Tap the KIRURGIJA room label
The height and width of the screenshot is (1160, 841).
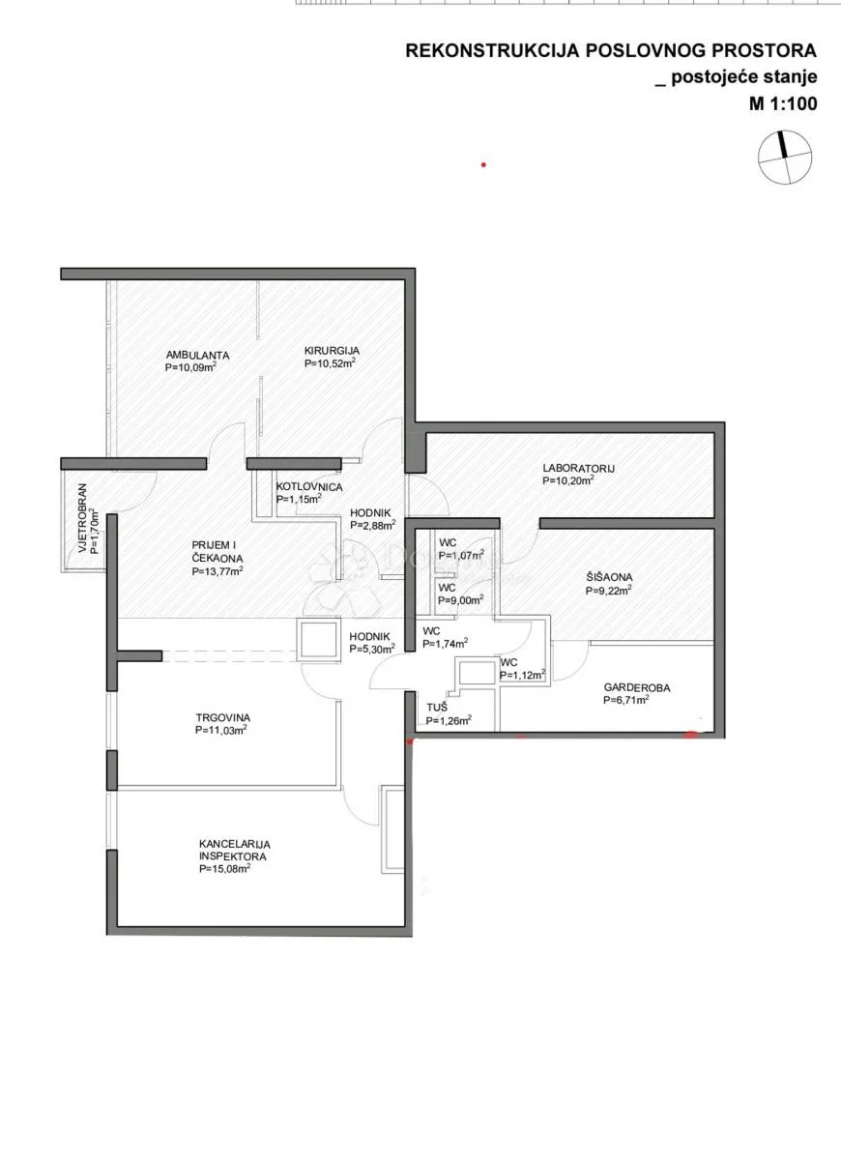pos(332,351)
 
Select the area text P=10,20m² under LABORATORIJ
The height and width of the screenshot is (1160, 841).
pos(568,480)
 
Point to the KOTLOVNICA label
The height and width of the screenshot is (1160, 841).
pos(309,487)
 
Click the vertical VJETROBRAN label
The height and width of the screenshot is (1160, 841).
pos(83,518)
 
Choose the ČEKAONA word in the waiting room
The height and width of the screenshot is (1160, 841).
pos(217,559)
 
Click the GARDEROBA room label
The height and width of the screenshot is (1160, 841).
pos(637,687)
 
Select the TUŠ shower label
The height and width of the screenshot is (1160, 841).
pos(437,708)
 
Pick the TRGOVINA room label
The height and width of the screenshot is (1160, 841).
pos(222,717)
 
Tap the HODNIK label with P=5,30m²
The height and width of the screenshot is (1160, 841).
pos(369,636)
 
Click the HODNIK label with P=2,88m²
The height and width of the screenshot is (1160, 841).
pos(370,512)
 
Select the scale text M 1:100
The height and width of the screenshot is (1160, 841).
pos(783,104)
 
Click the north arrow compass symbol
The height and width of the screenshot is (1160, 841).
pos(785,158)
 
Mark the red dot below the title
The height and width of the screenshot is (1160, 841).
pos(483,165)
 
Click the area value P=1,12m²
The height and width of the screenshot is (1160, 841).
pos(523,675)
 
